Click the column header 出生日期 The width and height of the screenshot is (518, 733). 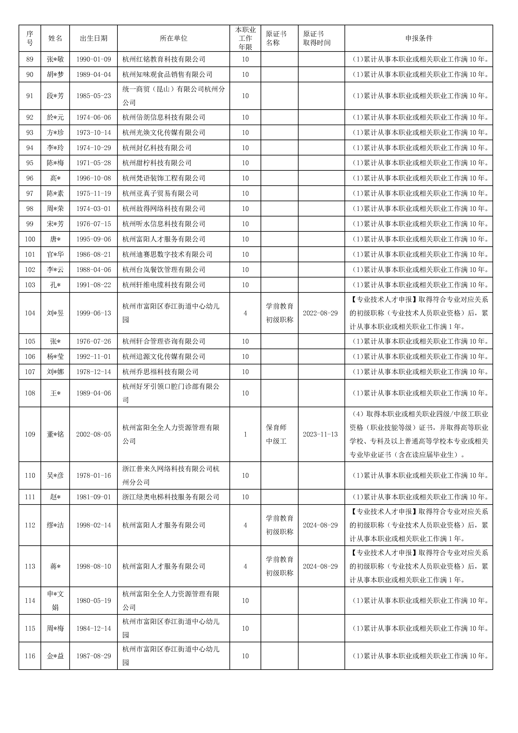tap(94, 38)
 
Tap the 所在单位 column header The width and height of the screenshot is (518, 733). tap(173, 38)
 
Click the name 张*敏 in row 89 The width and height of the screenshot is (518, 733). tap(55, 59)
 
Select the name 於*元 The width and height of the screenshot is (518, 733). tap(55, 117)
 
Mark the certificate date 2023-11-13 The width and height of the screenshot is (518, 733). tap(320, 434)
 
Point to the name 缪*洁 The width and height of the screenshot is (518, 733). tap(55, 525)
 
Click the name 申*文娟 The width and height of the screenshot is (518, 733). tap(55, 601)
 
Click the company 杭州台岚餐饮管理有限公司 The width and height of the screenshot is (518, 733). tap(164, 270)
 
